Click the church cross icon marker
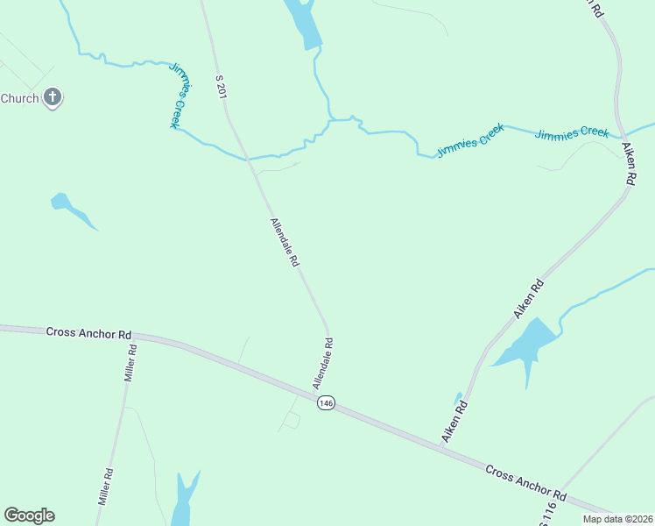click(x=53, y=97)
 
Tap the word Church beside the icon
click(x=19, y=98)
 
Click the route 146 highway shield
click(x=326, y=402)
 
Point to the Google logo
click(x=29, y=515)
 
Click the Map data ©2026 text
click(x=617, y=519)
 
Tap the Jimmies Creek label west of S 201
click(x=180, y=96)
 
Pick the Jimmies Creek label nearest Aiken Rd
click(x=572, y=133)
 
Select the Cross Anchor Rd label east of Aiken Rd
click(x=525, y=482)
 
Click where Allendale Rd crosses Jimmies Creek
click(x=250, y=160)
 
